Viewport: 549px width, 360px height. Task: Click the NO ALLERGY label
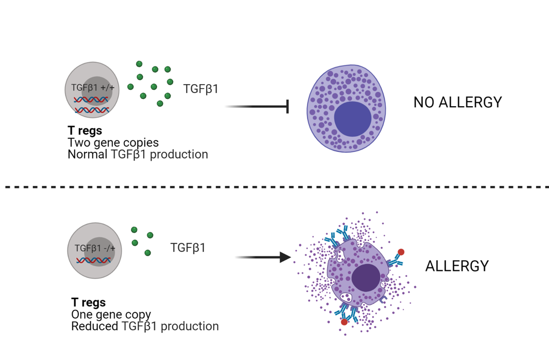(x=457, y=102)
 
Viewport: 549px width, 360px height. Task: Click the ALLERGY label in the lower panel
(x=457, y=266)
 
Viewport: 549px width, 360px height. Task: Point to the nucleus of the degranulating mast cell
(x=366, y=277)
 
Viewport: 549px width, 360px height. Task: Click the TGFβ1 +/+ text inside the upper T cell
(x=92, y=88)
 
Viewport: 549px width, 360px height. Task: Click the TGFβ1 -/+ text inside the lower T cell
(x=95, y=248)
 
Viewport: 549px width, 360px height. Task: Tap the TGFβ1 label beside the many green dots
(x=201, y=89)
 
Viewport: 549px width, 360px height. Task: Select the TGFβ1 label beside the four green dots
(x=188, y=247)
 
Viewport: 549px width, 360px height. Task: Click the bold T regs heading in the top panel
(x=85, y=131)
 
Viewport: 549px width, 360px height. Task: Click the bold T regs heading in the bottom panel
(x=89, y=302)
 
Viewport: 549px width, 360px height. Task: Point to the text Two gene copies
(x=113, y=143)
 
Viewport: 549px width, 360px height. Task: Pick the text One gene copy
(x=111, y=314)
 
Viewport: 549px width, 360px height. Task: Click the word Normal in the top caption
(x=88, y=154)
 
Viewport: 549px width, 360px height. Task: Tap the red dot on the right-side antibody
(x=401, y=252)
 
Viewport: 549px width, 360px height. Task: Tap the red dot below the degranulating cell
(x=344, y=322)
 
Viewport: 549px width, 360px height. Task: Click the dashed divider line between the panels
(x=274, y=187)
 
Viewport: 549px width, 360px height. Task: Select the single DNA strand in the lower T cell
(x=92, y=260)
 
